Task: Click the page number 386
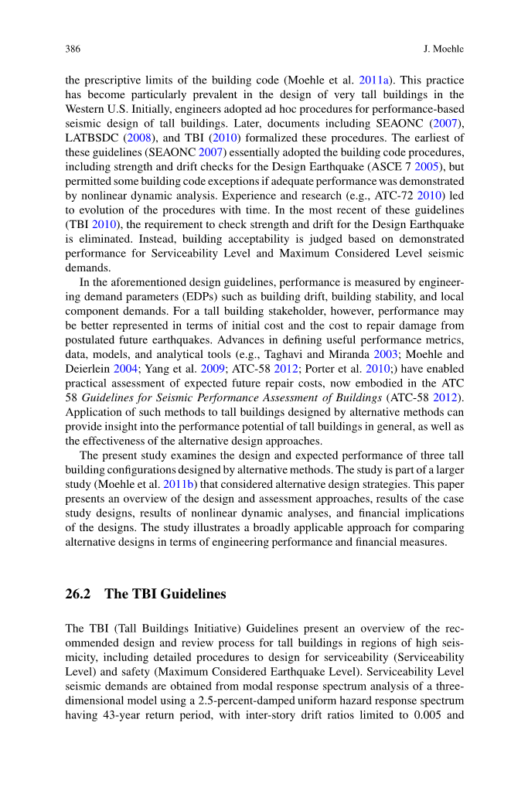(x=74, y=49)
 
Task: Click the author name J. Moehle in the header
(x=444, y=49)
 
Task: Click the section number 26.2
(x=79, y=594)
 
